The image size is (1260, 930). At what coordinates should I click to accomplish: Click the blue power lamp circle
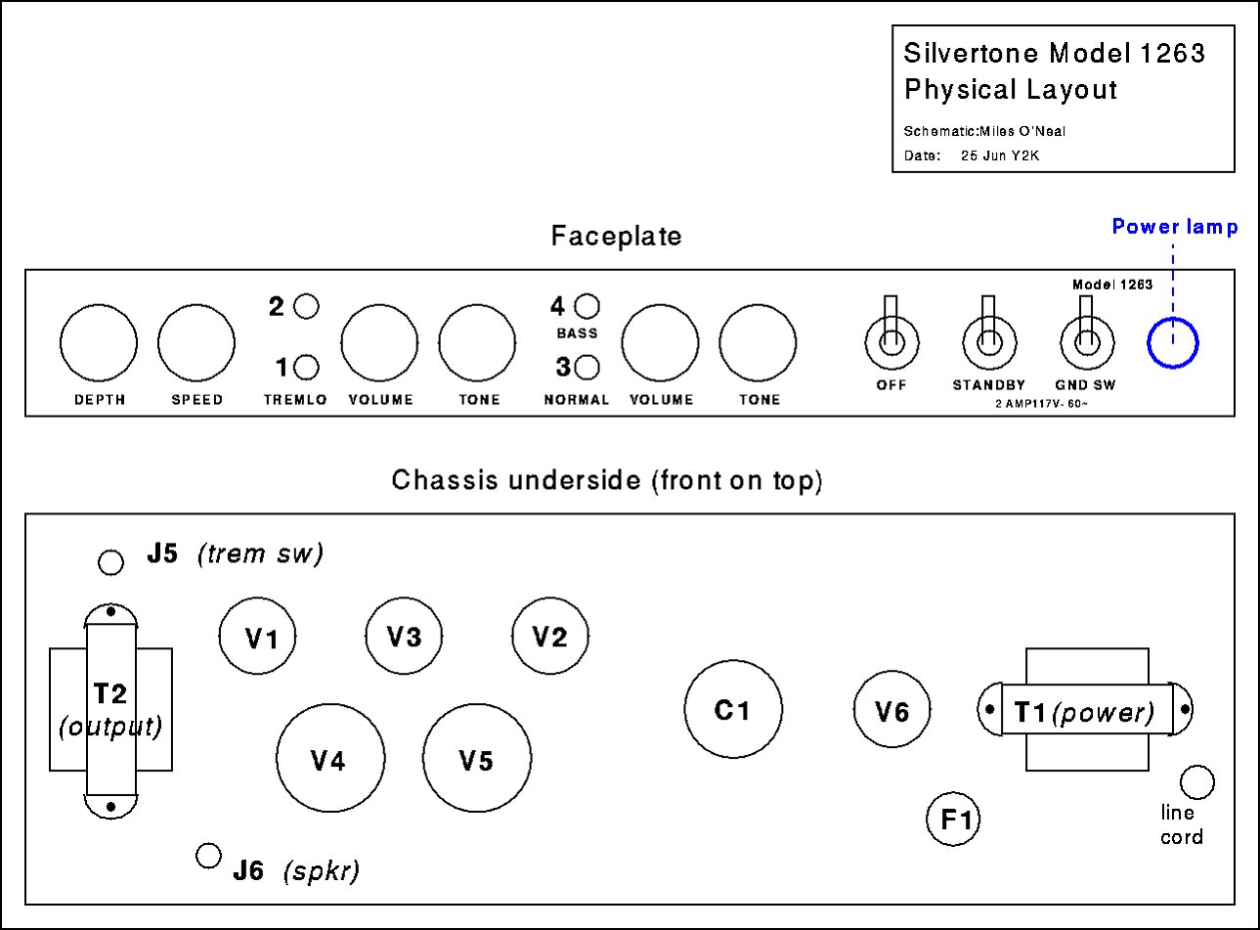tap(1173, 343)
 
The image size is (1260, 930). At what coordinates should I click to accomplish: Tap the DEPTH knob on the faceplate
tap(99, 343)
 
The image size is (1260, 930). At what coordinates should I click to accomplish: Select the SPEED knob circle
tap(196, 343)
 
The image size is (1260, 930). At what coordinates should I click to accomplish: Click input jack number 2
tap(306, 306)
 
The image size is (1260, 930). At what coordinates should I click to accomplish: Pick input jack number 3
tap(587, 368)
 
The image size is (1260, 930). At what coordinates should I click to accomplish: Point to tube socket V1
tap(257, 636)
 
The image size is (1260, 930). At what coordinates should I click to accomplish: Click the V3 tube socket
tap(404, 636)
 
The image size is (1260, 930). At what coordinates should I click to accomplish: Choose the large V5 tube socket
tap(477, 758)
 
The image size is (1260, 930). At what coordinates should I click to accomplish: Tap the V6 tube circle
tap(891, 709)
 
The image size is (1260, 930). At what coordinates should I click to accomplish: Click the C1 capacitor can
tap(733, 709)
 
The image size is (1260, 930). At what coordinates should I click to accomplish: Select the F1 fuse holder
tap(953, 819)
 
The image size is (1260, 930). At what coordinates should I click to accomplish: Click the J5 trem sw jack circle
tap(110, 562)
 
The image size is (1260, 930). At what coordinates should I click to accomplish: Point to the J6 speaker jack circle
tap(208, 856)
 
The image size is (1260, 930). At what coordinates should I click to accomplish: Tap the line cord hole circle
tap(1196, 782)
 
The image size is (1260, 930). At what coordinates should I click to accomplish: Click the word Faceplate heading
tap(617, 236)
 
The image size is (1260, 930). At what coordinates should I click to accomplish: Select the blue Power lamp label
tap(1175, 227)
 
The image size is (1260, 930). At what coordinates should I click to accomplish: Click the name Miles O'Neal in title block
tap(1022, 131)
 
